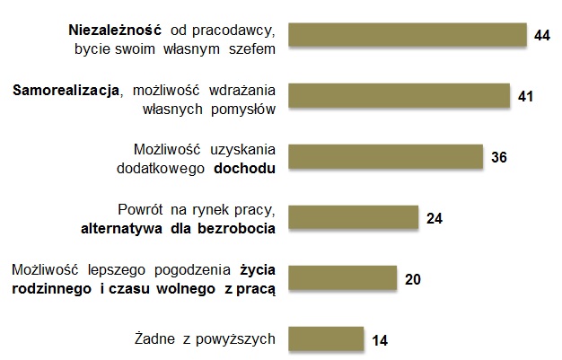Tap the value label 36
click(x=500, y=158)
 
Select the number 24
click(x=435, y=218)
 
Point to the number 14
click(x=380, y=341)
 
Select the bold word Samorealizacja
click(x=66, y=90)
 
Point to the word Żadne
click(x=150, y=338)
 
